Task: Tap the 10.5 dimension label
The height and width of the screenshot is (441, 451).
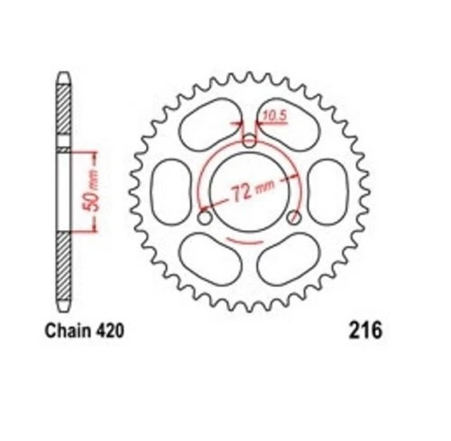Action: tap(272, 115)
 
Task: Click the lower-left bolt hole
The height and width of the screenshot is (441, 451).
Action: tap(205, 218)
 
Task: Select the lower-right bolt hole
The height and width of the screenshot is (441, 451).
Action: tap(294, 218)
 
